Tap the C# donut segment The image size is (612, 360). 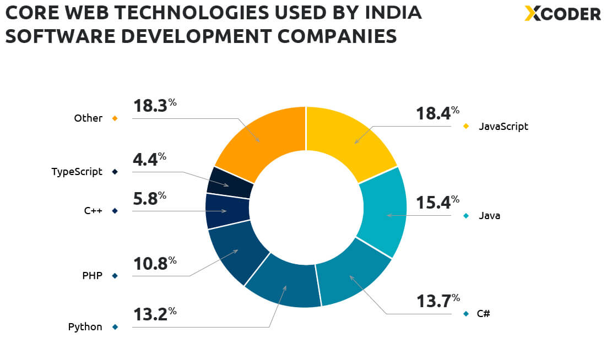coord(353,275)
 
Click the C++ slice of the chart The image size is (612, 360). coord(227,211)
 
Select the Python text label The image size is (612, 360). coord(85,327)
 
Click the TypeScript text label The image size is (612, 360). coord(77,172)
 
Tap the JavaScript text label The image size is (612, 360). coord(503,127)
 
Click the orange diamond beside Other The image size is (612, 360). coord(115,118)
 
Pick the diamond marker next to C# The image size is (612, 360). coord(466,314)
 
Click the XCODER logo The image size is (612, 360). coord(562,13)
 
